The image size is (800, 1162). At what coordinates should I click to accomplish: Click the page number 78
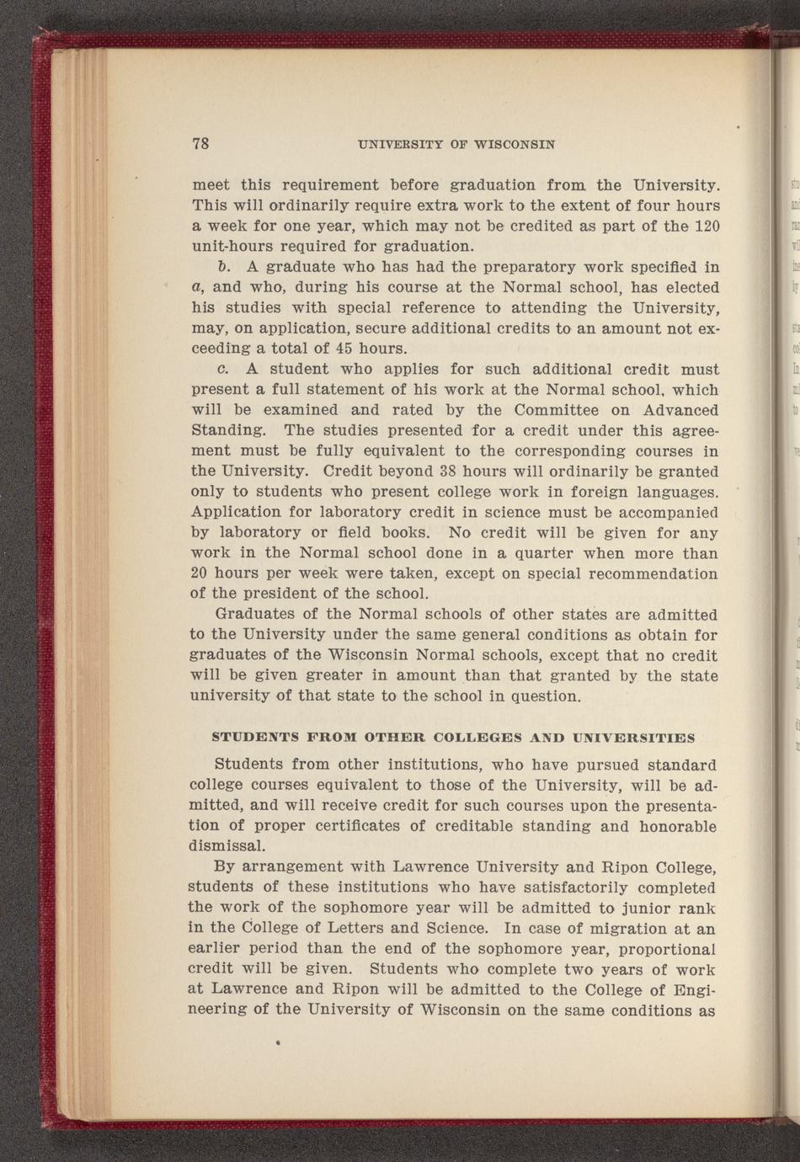[x=200, y=143]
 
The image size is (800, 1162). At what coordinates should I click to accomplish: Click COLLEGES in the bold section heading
[x=474, y=738]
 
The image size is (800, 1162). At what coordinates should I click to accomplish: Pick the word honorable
[x=679, y=826]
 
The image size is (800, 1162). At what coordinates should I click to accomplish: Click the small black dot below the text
[x=277, y=1042]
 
